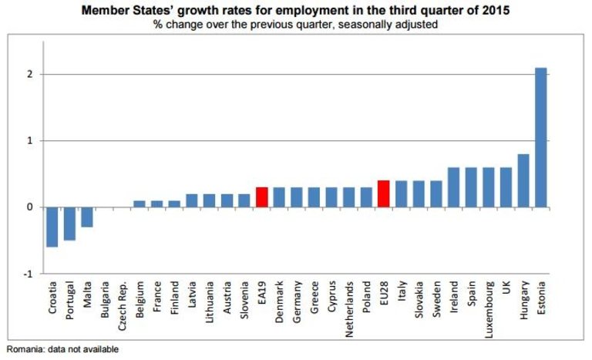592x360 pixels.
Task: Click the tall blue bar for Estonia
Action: [x=541, y=137]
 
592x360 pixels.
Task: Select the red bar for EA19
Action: [x=261, y=197]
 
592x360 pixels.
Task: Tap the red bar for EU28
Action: [x=384, y=194]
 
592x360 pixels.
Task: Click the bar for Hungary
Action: [x=523, y=180]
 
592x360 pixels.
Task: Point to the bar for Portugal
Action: [x=69, y=224]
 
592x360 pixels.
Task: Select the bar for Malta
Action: [x=87, y=217]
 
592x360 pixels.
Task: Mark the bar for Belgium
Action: [x=140, y=204]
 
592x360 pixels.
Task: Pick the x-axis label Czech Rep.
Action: [x=122, y=305]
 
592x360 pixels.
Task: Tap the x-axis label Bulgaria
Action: [x=105, y=301]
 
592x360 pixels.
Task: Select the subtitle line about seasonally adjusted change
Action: [x=296, y=24]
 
